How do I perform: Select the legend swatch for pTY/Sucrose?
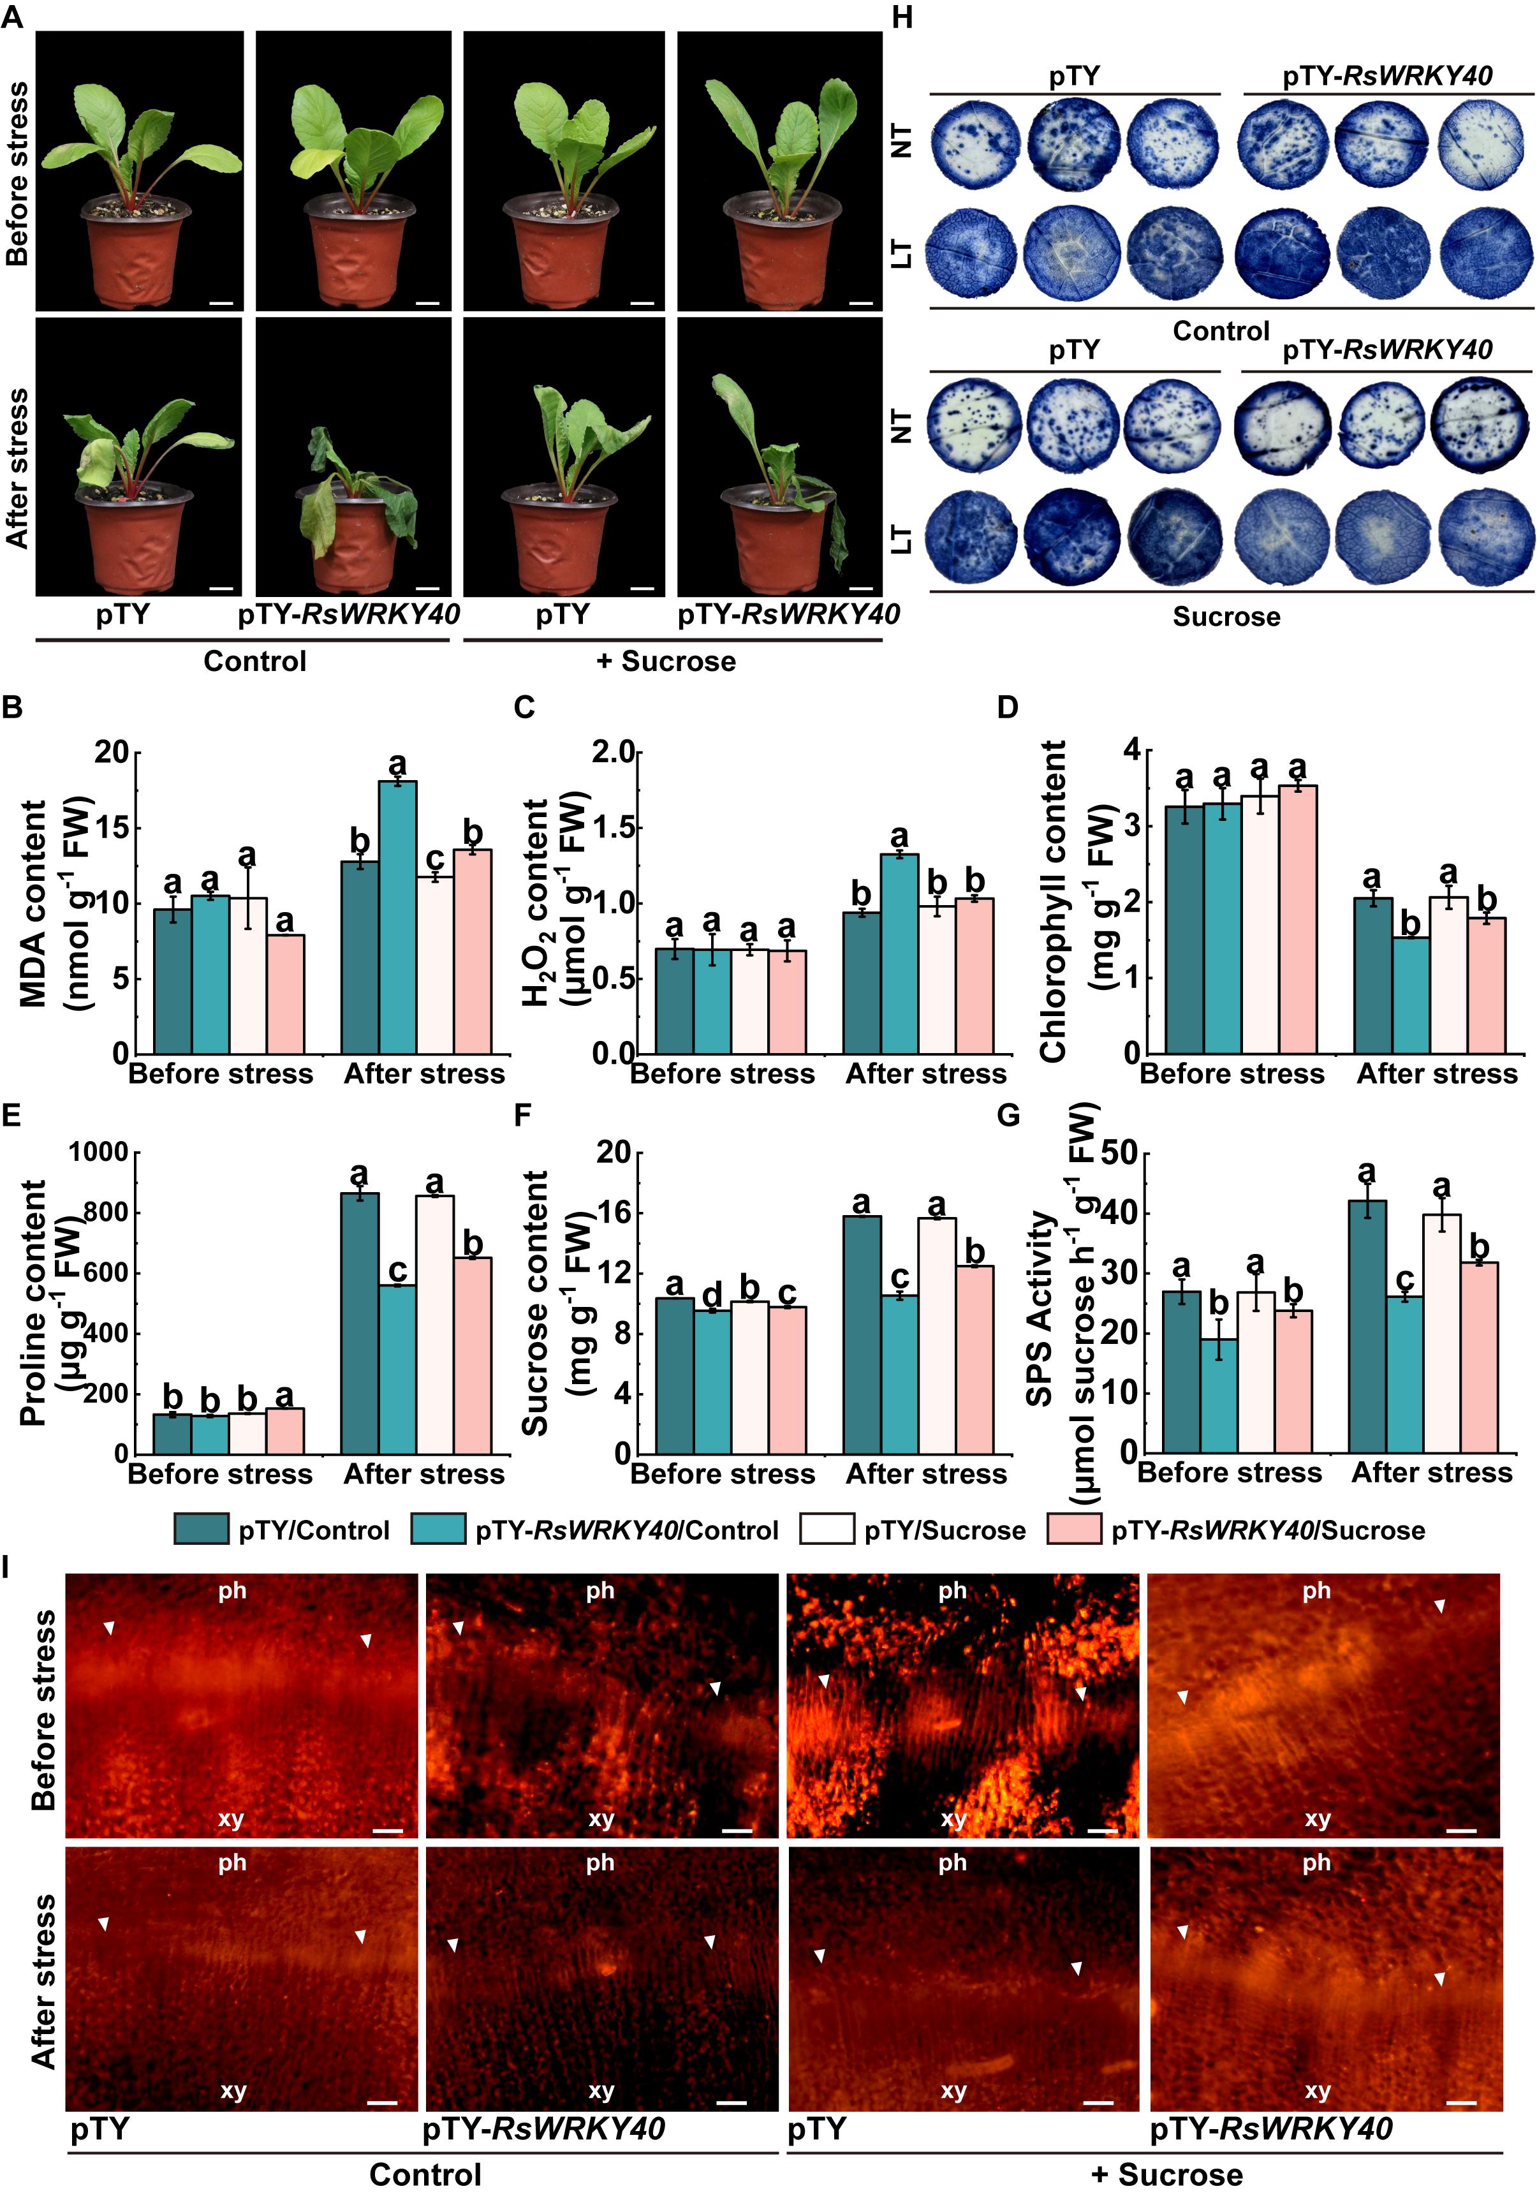pos(826,1529)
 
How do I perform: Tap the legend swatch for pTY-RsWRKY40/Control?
pos(438,1529)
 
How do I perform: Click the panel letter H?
pos(902,17)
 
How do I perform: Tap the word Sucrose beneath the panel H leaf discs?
pos(1226,617)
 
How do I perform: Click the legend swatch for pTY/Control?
pos(201,1529)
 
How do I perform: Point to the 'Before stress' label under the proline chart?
pos(220,1473)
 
